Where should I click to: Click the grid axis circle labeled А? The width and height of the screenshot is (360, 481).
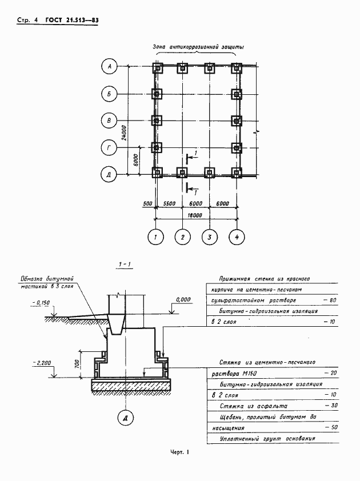[110, 67]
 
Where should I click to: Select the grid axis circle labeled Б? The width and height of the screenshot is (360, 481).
[110, 94]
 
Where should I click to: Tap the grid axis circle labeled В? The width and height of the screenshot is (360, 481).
[110, 121]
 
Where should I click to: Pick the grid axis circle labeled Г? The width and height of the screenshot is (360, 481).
[110, 147]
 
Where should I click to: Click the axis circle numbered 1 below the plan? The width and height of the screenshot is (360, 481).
[154, 236]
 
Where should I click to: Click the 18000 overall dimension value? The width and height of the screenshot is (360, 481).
[195, 216]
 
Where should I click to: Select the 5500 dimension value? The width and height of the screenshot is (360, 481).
[169, 203]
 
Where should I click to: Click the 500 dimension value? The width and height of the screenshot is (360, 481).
[147, 203]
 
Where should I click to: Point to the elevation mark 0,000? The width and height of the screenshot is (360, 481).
[183, 299]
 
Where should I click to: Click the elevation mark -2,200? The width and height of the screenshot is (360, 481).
[42, 363]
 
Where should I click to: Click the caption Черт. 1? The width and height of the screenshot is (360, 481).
[179, 453]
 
